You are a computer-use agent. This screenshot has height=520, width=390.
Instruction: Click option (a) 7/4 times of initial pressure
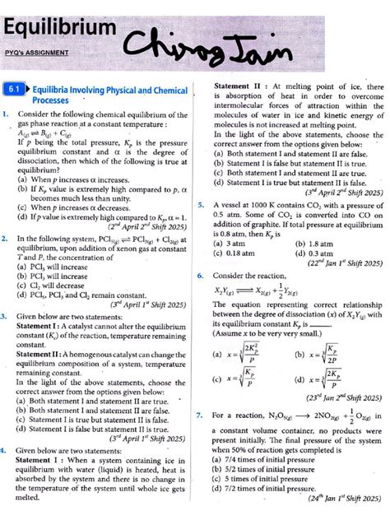pos(272,459)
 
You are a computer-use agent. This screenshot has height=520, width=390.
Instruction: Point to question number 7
pos(201,416)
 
